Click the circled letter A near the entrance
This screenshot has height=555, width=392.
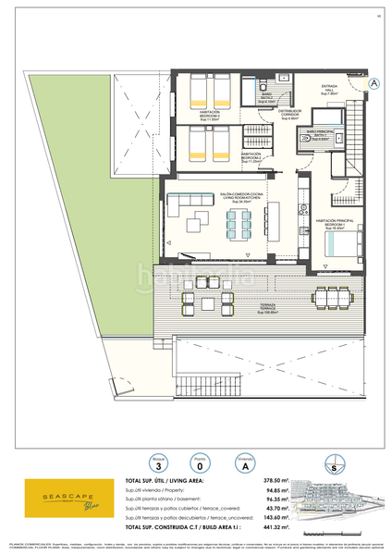click(x=374, y=83)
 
